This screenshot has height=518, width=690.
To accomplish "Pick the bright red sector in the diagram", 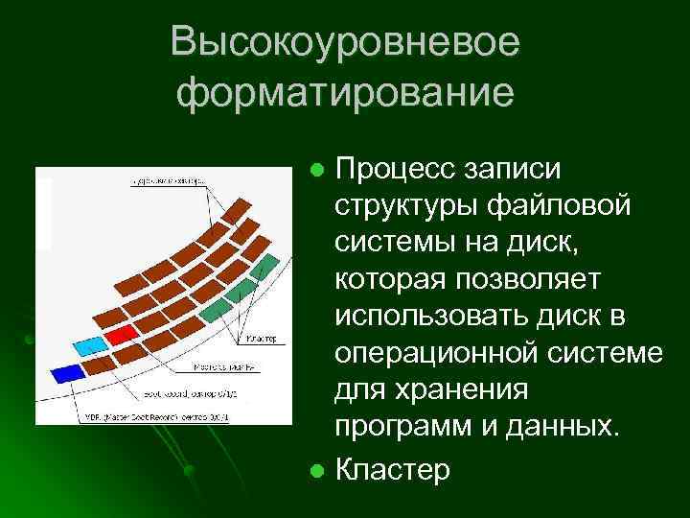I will [x=121, y=333].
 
